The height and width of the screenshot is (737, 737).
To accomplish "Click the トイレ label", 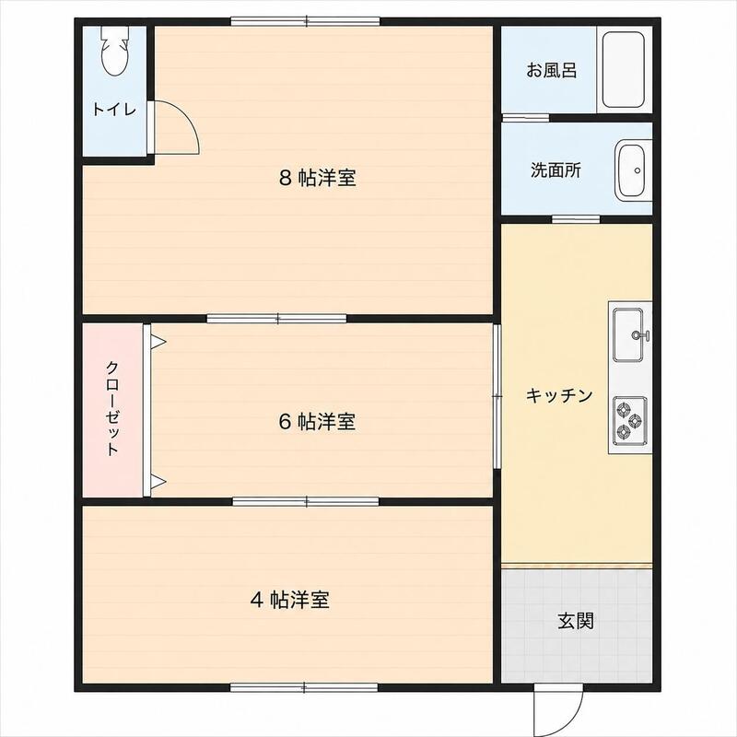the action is (x=113, y=109).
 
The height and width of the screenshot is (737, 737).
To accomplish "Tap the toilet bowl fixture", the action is (x=114, y=51).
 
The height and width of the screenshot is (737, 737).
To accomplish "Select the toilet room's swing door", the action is (x=174, y=127).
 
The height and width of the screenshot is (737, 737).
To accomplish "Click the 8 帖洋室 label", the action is (x=317, y=178).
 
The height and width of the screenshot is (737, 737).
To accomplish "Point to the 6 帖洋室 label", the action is (x=317, y=421).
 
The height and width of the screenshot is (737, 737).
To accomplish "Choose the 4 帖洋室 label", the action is (x=289, y=600).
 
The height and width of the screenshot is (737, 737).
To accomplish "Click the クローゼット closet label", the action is (x=112, y=408).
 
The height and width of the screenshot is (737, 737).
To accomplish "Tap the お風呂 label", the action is (x=552, y=70).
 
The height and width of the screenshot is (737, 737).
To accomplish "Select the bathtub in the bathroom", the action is (x=624, y=70).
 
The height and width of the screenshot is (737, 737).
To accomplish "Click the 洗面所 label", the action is (x=556, y=170).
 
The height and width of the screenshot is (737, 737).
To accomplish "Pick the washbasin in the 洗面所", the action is (x=632, y=171).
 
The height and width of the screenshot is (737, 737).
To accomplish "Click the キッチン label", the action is (x=559, y=395).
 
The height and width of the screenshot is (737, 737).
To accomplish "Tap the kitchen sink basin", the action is (x=628, y=335).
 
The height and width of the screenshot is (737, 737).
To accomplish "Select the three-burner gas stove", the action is (x=629, y=421).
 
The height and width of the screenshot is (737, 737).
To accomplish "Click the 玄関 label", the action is (x=576, y=621).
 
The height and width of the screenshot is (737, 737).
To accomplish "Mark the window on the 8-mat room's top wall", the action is (x=306, y=21).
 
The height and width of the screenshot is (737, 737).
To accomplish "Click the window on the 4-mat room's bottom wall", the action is (x=304, y=687).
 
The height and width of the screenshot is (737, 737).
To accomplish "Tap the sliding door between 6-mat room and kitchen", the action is (x=497, y=396).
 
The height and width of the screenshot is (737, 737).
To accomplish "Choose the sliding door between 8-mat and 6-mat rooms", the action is (x=277, y=319).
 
